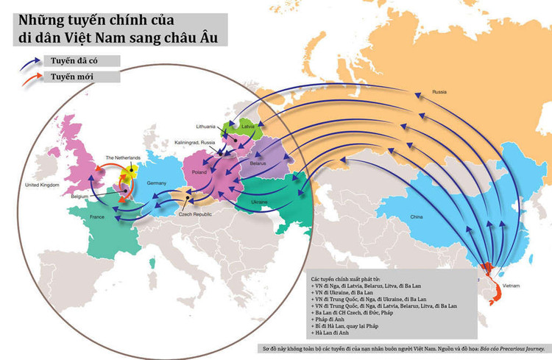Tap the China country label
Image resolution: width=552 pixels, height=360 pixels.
(x=417, y=217)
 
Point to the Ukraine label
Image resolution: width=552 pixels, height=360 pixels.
(x=258, y=202)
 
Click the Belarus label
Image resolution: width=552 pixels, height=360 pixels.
(x=258, y=160)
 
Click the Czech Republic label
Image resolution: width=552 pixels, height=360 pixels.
(x=195, y=214)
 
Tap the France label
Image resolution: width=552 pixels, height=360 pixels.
(x=97, y=218)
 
